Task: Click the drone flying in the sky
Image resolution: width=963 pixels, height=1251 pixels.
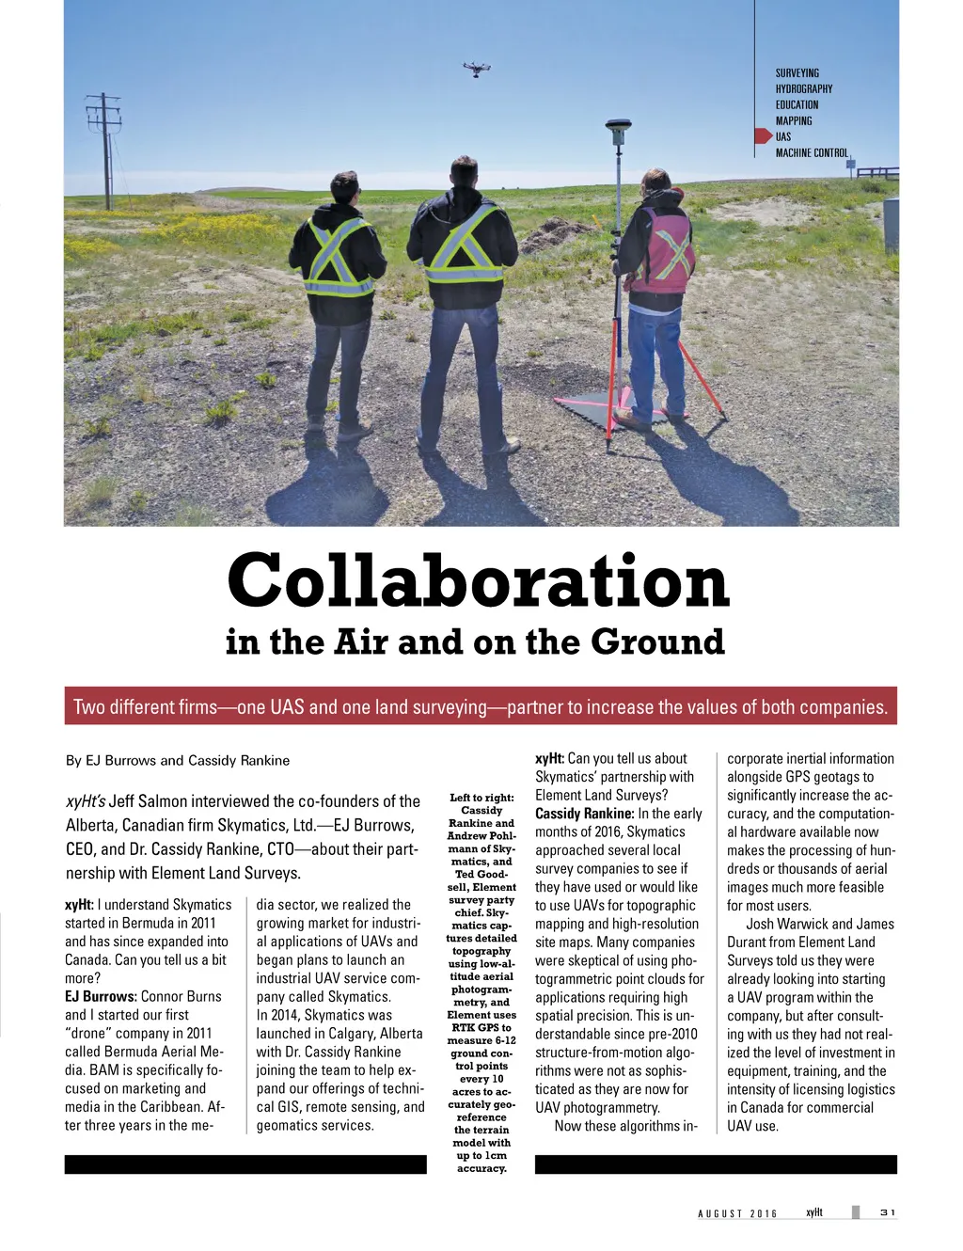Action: point(477,68)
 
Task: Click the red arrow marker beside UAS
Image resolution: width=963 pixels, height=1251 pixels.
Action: point(763,136)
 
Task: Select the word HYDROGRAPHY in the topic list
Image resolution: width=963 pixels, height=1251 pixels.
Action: point(803,88)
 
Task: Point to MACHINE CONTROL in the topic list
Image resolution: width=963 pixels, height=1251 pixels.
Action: point(811,152)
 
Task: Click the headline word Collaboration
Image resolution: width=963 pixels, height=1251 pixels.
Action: point(478,580)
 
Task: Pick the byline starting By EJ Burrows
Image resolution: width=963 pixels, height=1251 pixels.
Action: point(178,760)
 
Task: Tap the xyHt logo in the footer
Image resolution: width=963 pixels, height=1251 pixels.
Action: point(814,1212)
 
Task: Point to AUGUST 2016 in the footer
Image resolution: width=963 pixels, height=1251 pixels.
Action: point(737,1213)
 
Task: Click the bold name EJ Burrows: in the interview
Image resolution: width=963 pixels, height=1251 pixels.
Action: point(101,996)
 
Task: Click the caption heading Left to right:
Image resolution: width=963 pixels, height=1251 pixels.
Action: point(481,798)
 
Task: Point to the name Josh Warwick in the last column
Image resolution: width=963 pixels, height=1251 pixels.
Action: point(786,924)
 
